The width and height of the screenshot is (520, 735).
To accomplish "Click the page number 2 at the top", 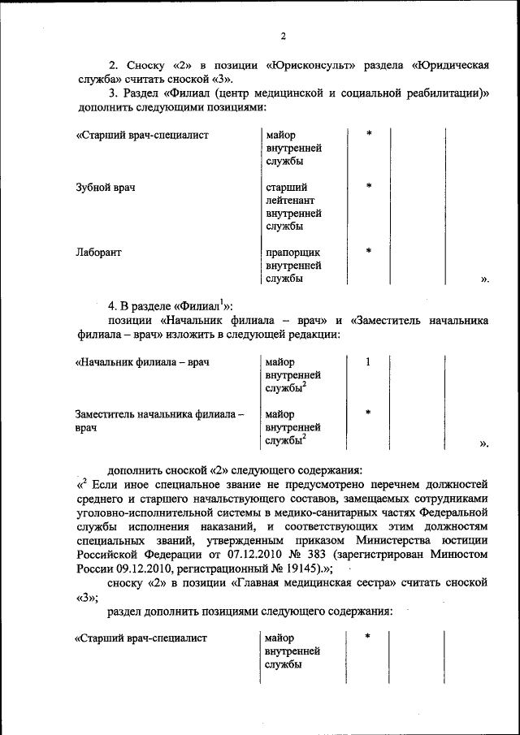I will tap(283, 36).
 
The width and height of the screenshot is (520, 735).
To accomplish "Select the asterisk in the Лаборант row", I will tap(368, 252).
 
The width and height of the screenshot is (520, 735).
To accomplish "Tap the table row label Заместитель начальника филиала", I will tap(159, 413).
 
